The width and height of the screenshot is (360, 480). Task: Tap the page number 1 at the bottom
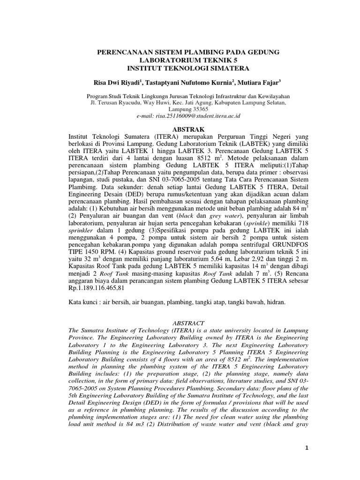pos(307,449)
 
